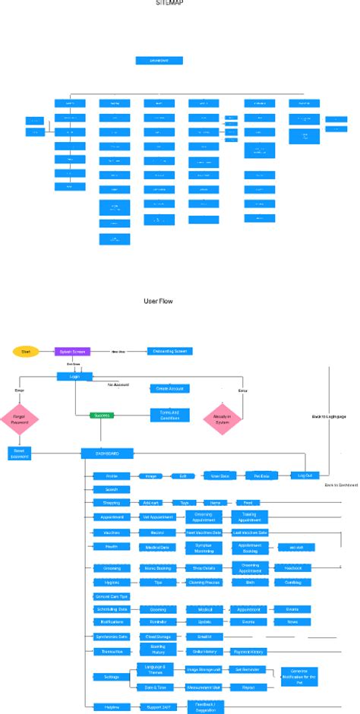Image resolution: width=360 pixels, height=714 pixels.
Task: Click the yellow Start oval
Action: [x=26, y=351]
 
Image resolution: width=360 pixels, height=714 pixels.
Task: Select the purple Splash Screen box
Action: [x=72, y=351]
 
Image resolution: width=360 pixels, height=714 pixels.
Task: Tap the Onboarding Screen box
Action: [x=170, y=351]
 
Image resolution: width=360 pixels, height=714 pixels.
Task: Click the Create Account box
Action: [x=169, y=388]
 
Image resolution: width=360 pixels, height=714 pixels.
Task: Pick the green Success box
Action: [x=101, y=415]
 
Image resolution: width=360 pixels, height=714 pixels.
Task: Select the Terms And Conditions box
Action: [x=169, y=415]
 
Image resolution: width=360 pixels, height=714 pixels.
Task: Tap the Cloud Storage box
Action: [x=155, y=637]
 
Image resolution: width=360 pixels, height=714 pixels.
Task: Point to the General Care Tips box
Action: [x=111, y=596]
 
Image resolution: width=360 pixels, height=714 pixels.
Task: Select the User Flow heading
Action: [x=158, y=301]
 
